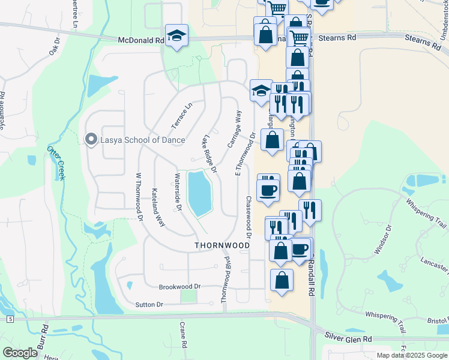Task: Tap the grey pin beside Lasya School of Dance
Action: point(91,140)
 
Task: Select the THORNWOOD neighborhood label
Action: point(222,246)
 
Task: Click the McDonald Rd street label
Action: point(141,40)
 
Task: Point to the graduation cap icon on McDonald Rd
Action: point(176,37)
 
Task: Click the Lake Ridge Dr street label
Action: point(209,155)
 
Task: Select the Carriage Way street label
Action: point(234,128)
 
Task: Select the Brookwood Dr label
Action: point(179,287)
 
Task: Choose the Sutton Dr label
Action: point(149,305)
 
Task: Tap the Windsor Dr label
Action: point(382,239)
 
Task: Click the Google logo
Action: point(20,353)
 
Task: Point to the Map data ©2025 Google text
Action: point(411,355)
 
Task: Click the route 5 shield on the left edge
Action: point(10,319)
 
